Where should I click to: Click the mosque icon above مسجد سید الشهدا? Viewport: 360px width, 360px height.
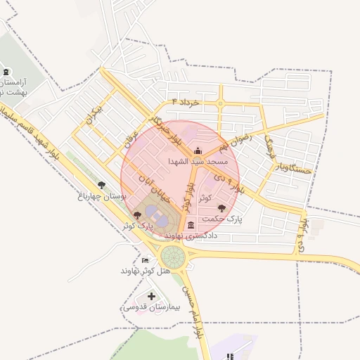click(x=198, y=150)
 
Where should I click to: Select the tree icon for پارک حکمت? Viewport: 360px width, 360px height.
click(x=223, y=207)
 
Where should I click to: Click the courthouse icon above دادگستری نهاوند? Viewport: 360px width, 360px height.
click(x=192, y=225)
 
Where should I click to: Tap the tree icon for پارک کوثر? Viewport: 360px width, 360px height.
click(x=136, y=214)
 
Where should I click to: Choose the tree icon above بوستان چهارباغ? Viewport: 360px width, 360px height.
click(x=102, y=184)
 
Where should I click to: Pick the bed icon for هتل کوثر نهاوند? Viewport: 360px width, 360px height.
click(x=145, y=260)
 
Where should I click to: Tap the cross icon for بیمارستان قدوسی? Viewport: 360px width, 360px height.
click(x=152, y=297)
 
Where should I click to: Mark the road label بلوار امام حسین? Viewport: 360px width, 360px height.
click(x=192, y=309)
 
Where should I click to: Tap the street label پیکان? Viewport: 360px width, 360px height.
click(x=97, y=114)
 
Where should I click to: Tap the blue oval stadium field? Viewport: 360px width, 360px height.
click(x=160, y=220)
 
